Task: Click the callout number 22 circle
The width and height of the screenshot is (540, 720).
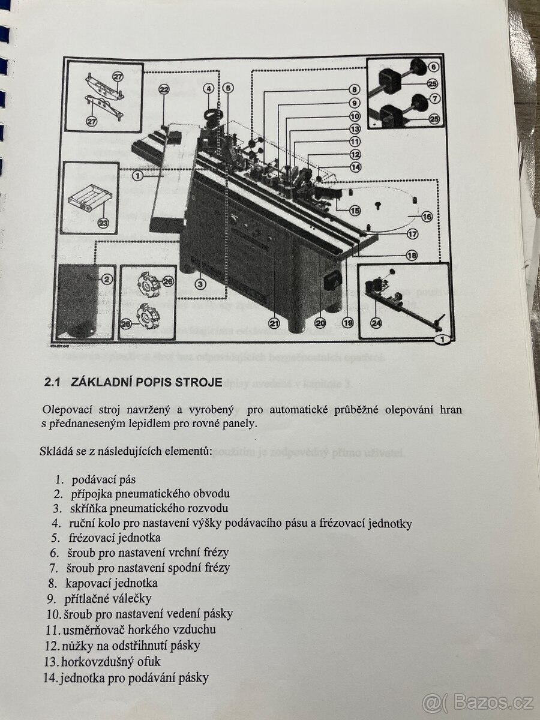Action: [x=164, y=89]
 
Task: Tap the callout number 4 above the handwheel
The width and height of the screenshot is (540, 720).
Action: [x=209, y=88]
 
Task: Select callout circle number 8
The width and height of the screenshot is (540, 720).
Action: [x=355, y=89]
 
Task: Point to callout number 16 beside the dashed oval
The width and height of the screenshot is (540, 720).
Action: [x=427, y=217]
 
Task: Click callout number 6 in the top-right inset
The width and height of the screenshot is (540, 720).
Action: [x=433, y=67]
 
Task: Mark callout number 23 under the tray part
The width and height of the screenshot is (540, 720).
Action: [x=103, y=223]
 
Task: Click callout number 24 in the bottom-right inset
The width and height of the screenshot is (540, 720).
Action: [x=376, y=323]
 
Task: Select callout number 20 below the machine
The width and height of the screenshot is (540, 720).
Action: [x=320, y=323]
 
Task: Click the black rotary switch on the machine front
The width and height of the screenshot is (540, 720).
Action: [x=332, y=279]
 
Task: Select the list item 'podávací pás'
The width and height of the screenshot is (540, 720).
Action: [x=104, y=479]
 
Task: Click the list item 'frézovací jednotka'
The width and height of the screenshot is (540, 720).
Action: [x=115, y=538]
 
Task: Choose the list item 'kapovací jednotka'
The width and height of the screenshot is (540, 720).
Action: [x=111, y=583]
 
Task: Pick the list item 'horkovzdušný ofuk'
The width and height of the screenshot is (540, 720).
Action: [x=110, y=662]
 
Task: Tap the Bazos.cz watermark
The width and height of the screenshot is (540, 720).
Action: [x=476, y=701]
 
